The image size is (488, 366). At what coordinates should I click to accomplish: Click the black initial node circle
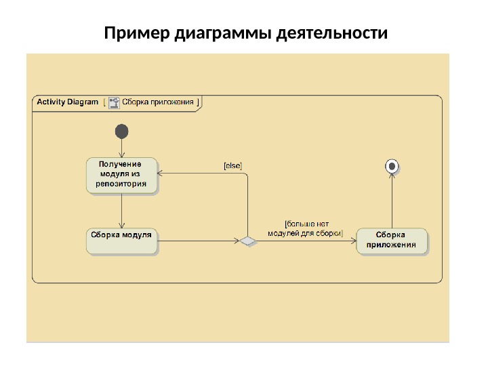[x=122, y=131]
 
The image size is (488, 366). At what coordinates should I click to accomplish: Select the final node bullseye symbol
[x=392, y=165]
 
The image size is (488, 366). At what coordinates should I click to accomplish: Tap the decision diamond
[x=247, y=241]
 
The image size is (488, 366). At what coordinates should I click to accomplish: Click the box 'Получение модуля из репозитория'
[x=122, y=175]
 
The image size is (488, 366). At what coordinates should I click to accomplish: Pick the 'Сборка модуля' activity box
[x=122, y=241]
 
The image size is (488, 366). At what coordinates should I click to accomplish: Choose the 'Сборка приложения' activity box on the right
[x=392, y=241]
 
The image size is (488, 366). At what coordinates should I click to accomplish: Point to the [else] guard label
[x=232, y=165]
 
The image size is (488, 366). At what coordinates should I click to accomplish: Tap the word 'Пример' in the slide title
[x=137, y=33]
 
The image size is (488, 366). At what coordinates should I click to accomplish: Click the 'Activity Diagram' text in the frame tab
[x=67, y=102]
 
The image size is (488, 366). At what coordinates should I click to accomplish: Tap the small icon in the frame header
[x=113, y=102]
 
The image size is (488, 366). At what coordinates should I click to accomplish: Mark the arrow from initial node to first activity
[x=122, y=148]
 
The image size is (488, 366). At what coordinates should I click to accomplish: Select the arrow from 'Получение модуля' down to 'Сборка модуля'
[x=122, y=210]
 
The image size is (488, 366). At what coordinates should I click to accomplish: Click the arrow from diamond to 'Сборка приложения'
[x=305, y=241]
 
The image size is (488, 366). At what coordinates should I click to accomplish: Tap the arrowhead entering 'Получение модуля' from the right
[x=163, y=174]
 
